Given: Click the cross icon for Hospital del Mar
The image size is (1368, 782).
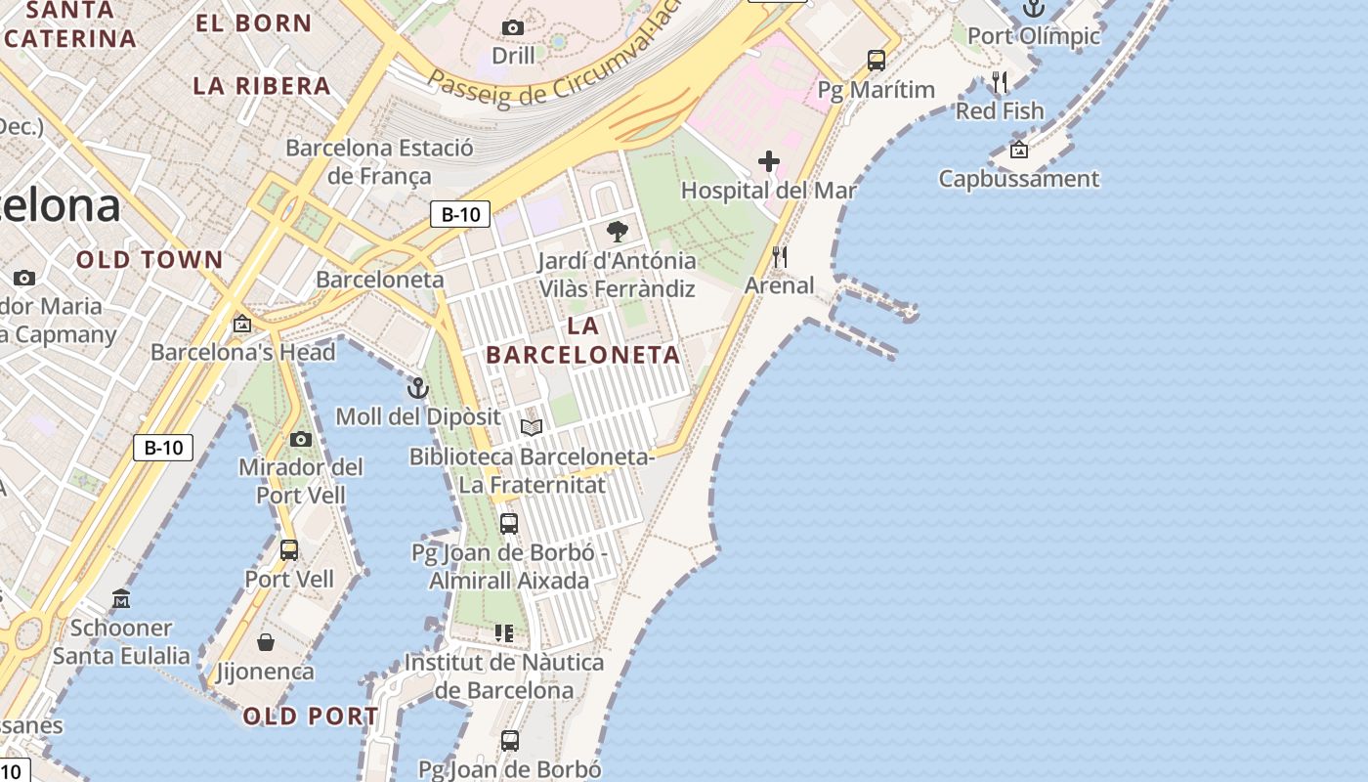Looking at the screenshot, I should (x=769, y=161).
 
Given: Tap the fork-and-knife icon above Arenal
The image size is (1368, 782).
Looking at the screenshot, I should (x=780, y=257).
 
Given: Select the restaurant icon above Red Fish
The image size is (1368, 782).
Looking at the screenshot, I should (x=999, y=81).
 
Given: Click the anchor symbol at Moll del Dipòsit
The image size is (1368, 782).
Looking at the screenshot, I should (x=418, y=388).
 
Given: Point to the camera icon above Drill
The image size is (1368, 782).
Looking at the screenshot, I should (x=512, y=27).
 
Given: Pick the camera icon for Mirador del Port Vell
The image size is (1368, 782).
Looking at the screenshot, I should (x=301, y=439).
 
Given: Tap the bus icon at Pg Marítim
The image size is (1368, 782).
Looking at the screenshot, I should (x=876, y=61).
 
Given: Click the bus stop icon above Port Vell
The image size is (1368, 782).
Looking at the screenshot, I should (x=289, y=549).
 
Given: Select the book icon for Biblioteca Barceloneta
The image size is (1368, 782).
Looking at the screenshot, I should (x=532, y=427).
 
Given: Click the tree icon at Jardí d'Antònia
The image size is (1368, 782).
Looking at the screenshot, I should (x=617, y=232).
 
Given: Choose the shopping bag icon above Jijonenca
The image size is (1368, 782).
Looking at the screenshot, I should (x=266, y=642).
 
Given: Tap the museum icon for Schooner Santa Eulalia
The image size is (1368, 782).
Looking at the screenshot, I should (x=121, y=598).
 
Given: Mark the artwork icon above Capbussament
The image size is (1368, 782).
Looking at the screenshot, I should (x=1019, y=150).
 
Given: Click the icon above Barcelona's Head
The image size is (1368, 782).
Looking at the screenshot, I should (x=242, y=323).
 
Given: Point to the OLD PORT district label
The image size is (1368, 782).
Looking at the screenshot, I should (x=310, y=717).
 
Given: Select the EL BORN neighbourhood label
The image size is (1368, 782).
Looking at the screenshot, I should (x=253, y=23).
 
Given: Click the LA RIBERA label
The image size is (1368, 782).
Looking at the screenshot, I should (x=262, y=86).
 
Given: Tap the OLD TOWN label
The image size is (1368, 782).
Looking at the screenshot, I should (x=150, y=260).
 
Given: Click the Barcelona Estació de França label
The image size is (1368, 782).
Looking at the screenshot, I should (x=379, y=162).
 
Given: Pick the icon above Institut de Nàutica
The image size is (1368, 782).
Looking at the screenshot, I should (x=504, y=633).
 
